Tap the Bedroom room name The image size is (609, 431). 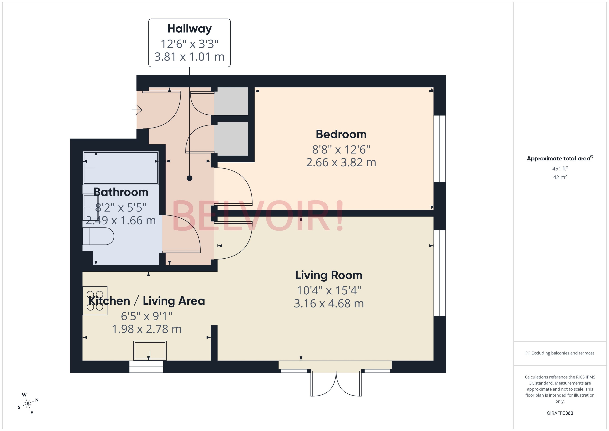click(341, 134)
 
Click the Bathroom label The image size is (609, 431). click(121, 192)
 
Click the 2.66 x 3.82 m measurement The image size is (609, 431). click(341, 162)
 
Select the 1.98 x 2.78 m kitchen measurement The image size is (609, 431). click(147, 329)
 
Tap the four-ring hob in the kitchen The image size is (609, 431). click(95, 300)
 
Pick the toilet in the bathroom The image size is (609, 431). click(98, 236)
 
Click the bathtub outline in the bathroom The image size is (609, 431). click(121, 168)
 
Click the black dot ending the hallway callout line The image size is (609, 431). click(189, 178)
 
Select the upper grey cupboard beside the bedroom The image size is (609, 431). click(231, 101)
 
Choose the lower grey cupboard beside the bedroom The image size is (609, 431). click(231, 139)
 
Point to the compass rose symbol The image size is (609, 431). click(28, 404)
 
